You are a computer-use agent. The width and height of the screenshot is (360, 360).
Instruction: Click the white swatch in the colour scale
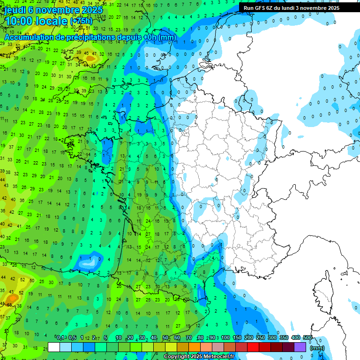[x=54, y=347]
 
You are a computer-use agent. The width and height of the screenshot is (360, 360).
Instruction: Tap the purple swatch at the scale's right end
[x=300, y=347]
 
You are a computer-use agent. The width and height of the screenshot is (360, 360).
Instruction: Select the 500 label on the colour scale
[x=307, y=337]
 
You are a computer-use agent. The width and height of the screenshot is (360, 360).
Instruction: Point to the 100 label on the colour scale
[x=225, y=337]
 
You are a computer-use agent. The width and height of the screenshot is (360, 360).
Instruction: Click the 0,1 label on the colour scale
[x=60, y=337]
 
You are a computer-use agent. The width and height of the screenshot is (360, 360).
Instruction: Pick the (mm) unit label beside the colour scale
[x=317, y=348]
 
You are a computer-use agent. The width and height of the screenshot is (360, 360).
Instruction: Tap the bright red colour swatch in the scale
[x=253, y=347]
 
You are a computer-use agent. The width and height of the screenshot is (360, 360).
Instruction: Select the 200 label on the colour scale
[x=248, y=337]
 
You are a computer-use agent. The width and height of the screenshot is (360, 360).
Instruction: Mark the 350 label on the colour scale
[x=284, y=337]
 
